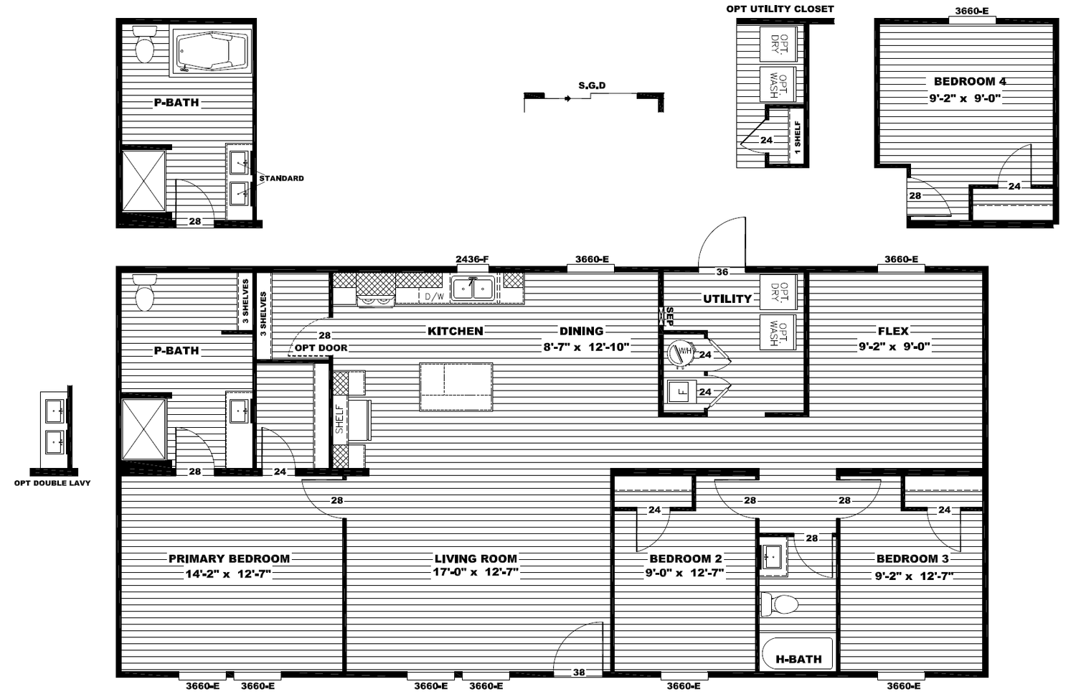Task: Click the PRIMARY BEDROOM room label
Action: (x=229, y=558)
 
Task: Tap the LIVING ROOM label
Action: (x=476, y=558)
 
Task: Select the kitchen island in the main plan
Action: (x=456, y=387)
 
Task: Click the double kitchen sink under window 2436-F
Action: (x=473, y=289)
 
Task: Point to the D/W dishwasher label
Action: (x=434, y=296)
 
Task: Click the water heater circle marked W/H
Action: (x=680, y=353)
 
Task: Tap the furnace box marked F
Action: (x=681, y=391)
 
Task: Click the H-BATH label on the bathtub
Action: (x=799, y=659)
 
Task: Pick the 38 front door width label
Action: (x=579, y=672)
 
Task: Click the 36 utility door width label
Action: (x=722, y=272)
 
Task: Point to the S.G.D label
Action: (x=592, y=85)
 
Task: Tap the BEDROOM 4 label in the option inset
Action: (x=970, y=81)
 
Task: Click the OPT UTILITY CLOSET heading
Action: (x=780, y=9)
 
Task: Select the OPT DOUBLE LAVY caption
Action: (x=52, y=483)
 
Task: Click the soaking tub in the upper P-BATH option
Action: (x=212, y=52)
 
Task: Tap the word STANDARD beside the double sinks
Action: (x=281, y=178)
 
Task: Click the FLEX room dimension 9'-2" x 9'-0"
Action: (x=895, y=346)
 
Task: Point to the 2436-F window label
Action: (x=472, y=259)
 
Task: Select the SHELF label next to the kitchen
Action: (x=339, y=418)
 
